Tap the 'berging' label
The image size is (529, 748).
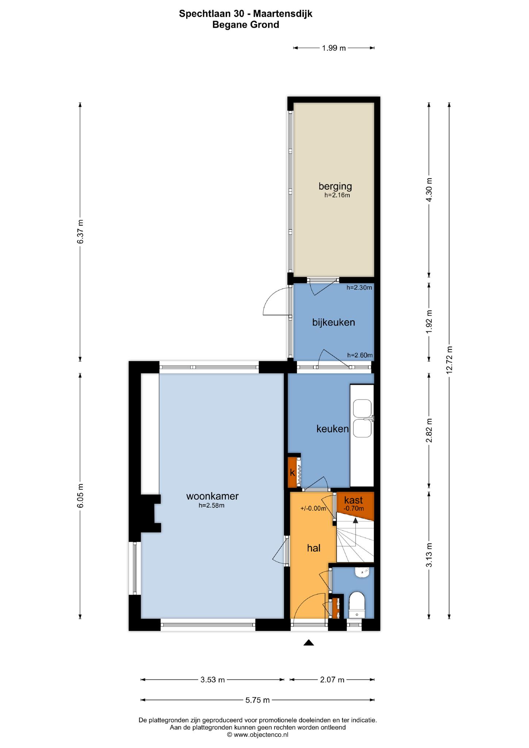(335, 186)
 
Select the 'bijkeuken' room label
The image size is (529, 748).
(333, 322)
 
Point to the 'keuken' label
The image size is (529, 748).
(333, 428)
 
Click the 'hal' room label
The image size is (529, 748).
(314, 548)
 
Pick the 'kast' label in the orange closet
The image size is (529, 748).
(353, 500)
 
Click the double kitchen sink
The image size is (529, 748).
(362, 419)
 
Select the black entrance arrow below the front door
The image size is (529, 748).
(308, 643)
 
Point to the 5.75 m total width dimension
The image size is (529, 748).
(257, 700)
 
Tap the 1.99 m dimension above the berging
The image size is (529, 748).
(334, 48)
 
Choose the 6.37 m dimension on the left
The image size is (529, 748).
(80, 232)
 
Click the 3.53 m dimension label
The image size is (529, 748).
(212, 680)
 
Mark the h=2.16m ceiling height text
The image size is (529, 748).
(337, 195)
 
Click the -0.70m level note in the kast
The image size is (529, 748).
(354, 508)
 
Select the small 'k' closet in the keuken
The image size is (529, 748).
(292, 472)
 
